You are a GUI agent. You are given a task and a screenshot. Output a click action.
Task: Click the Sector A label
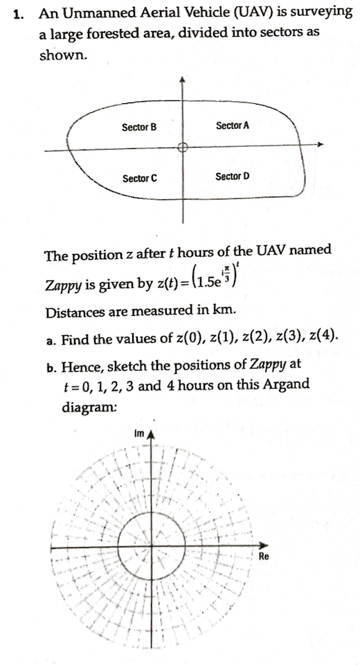tap(233, 125)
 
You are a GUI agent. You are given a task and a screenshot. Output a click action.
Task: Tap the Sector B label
tap(139, 127)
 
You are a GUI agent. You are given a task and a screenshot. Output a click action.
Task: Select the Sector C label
tap(139, 179)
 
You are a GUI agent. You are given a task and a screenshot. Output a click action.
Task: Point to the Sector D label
tap(233, 177)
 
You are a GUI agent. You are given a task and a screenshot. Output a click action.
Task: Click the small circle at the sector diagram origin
tap(183, 147)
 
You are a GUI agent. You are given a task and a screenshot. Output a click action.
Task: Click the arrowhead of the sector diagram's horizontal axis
tap(319, 145)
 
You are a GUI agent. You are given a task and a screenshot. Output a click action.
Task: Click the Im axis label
tap(138, 433)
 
